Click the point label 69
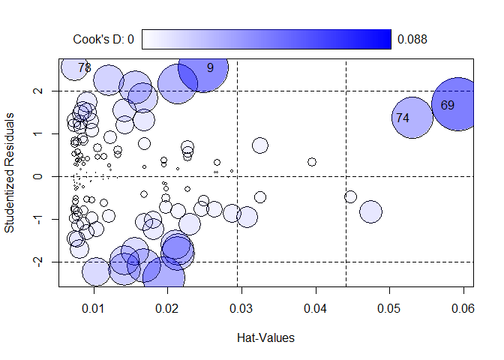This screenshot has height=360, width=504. (448, 106)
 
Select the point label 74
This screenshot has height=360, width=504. (403, 118)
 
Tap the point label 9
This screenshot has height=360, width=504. (210, 67)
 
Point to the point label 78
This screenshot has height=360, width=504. (85, 67)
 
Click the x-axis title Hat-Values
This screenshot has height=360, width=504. (265, 337)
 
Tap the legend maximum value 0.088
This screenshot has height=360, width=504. (412, 39)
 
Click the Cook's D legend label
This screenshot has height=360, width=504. (103, 39)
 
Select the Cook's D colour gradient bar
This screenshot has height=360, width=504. (266, 39)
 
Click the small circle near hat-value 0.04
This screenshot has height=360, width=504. (312, 162)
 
